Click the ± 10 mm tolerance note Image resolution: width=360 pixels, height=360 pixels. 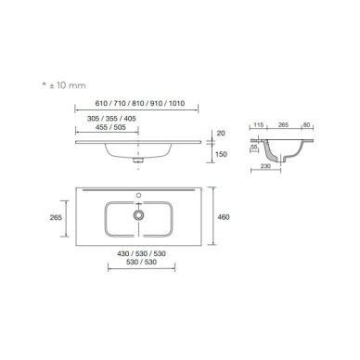point(67,85)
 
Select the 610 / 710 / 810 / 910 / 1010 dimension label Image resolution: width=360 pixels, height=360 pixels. point(140,103)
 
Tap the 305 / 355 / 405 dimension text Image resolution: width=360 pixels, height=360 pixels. point(111,119)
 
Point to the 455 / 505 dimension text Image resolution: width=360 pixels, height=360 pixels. point(110,127)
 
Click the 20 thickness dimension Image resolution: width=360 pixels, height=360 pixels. point(221,134)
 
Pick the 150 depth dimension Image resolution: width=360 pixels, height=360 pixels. point(221,154)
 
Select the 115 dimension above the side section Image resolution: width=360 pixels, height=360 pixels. point(258,125)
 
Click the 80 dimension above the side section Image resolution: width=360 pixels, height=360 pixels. point(306,125)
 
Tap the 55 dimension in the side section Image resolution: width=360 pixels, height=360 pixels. point(254,148)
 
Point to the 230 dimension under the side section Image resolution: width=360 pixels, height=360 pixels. point(265,166)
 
